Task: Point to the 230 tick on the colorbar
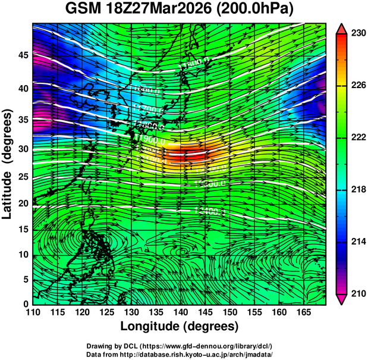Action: (357, 33)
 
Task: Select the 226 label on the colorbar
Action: (357, 85)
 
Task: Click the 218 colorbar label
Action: (357, 189)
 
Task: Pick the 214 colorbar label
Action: (357, 242)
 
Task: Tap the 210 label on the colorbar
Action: (357, 293)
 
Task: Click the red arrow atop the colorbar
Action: (341, 28)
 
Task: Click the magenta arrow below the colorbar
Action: (341, 299)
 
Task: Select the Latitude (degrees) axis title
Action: (8, 164)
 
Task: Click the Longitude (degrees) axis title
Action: (180, 326)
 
